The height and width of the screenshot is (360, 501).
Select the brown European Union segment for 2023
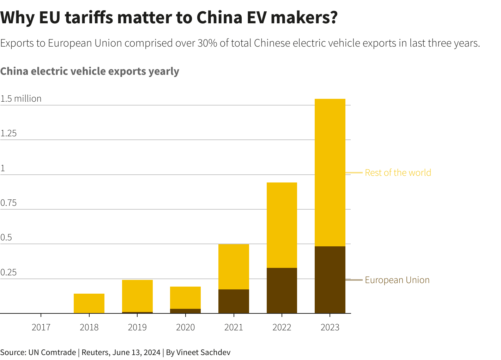point(330,280)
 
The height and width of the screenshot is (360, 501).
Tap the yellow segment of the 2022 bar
point(282,225)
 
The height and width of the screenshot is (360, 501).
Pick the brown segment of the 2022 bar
point(282,290)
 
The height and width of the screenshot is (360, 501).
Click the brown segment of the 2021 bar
point(234,301)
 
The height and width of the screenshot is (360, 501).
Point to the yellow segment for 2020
point(185,298)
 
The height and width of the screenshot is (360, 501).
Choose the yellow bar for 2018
point(89,303)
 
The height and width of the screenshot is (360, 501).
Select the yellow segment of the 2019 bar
point(137,296)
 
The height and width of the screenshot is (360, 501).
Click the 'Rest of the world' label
point(398,173)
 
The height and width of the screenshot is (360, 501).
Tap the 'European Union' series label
point(397,280)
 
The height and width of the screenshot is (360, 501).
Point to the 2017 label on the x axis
point(41,327)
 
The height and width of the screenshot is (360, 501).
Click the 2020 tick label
point(185,327)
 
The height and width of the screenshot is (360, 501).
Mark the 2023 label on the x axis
point(330,327)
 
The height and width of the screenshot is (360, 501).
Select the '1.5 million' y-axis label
point(21,98)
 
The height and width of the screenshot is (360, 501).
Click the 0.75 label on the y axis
point(8,203)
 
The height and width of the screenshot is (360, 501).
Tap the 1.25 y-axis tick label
point(8,133)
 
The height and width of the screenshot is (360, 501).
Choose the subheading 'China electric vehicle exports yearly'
point(90,71)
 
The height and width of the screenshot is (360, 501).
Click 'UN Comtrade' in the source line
point(52,352)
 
